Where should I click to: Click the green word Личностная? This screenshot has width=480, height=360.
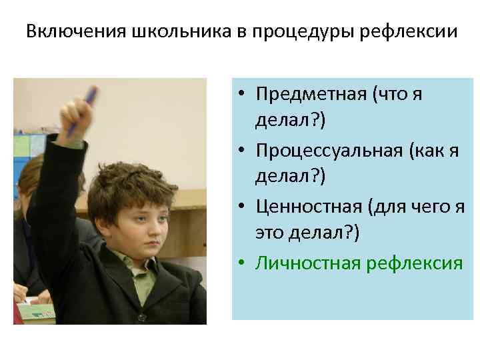[307, 264]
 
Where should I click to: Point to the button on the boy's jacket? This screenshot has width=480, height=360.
[141, 317]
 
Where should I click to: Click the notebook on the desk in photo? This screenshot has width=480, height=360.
[33, 311]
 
